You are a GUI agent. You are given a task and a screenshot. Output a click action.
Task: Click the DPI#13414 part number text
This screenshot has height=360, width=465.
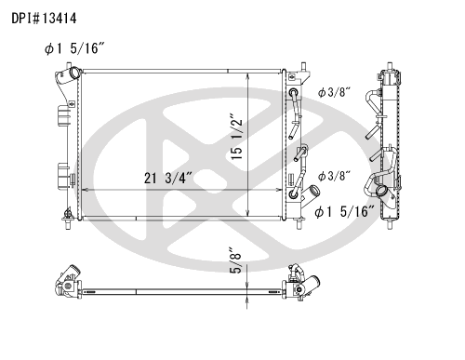(44, 19)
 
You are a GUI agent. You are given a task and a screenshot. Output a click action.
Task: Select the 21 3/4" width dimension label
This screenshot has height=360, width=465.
(168, 179)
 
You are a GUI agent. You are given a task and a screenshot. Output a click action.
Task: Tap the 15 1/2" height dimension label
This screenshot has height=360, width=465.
(237, 140)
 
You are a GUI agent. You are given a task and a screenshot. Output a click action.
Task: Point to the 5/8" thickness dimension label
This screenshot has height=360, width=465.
(235, 260)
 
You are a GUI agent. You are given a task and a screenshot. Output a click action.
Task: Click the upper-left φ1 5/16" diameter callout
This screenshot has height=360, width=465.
(75, 48)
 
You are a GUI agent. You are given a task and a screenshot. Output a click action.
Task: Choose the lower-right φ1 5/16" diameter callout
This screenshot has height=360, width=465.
(345, 212)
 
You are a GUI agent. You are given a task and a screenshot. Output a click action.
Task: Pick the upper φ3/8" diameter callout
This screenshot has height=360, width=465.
(334, 92)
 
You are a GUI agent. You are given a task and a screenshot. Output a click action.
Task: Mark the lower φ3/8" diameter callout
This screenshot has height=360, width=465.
(334, 176)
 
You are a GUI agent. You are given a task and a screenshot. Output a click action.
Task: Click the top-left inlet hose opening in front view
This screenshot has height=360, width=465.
(74, 73)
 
